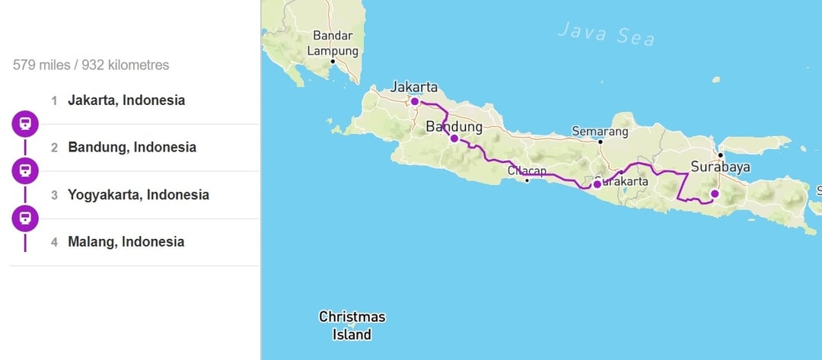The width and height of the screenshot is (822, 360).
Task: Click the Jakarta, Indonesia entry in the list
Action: [126, 100]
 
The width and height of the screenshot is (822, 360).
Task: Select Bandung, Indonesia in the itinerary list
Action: [132, 148]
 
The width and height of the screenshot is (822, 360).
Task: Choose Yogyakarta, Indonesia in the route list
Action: [138, 195]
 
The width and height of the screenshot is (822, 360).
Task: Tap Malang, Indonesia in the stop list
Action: [126, 242]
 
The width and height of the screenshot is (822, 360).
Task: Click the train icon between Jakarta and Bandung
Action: [25, 123]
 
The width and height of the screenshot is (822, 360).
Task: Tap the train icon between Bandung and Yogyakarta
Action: [25, 171]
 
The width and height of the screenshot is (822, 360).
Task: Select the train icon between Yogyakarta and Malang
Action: [25, 218]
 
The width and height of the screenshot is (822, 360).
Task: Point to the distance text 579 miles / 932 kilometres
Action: [91, 65]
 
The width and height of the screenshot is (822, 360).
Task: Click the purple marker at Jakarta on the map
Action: [415, 101]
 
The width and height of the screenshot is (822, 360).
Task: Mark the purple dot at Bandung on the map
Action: [454, 139]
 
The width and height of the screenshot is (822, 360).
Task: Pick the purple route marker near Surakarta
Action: [597, 183]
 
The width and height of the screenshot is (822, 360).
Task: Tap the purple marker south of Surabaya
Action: [715, 193]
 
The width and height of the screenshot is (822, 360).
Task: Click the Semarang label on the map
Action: [600, 132]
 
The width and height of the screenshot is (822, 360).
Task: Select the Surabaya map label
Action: [721, 167]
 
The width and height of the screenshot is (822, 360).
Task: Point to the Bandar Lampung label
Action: [333, 43]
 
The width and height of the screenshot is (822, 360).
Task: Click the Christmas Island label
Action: [352, 325]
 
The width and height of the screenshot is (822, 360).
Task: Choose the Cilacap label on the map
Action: [527, 171]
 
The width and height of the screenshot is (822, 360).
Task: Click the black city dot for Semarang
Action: [601, 142]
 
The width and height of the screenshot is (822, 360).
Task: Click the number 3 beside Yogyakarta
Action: [54, 195]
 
